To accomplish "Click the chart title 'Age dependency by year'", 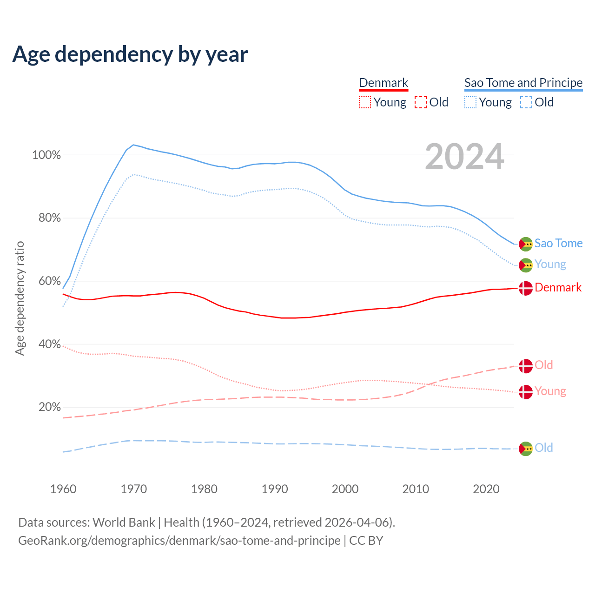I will [130, 54].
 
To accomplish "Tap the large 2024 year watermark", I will [464, 157].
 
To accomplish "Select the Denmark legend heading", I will [383, 83].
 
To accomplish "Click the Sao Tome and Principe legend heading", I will [523, 83].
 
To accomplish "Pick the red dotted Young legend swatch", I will [365, 102].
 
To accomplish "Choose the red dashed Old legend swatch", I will [421, 102].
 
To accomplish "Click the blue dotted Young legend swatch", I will [470, 102].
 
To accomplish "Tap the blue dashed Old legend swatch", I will [526, 102].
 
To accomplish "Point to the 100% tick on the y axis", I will [46, 155].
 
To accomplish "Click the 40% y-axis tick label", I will [49, 344].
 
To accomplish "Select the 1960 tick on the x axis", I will [63, 489].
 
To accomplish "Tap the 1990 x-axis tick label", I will [275, 489].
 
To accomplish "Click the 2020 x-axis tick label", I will [486, 489].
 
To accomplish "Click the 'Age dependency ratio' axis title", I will [20, 298].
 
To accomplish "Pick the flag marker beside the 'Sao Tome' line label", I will [526, 244].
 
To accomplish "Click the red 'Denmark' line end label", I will [558, 288].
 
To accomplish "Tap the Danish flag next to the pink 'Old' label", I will [526, 366].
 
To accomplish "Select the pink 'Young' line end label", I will [550, 391].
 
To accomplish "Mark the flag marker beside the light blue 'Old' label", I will [526, 449].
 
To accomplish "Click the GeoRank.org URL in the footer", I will [179, 541].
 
